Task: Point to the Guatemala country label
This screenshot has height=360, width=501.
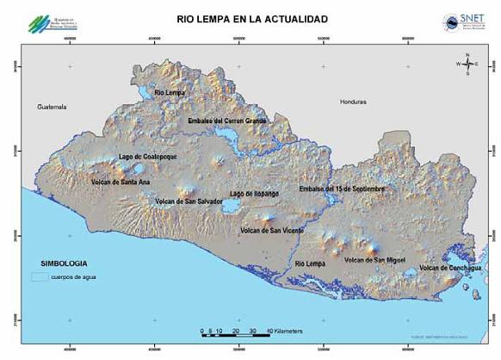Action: pos(53,107)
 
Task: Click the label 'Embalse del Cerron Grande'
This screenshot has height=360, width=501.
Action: pos(227,121)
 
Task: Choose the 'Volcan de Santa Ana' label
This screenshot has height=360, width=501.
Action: pos(120,183)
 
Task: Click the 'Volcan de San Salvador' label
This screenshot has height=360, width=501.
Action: pos(189,202)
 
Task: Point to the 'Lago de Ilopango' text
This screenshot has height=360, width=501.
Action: pos(254,194)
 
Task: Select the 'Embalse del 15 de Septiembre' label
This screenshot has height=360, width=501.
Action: pos(341,188)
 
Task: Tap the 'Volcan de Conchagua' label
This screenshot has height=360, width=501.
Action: pos(450,268)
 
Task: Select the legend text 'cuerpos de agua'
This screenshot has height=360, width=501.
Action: pos(73,277)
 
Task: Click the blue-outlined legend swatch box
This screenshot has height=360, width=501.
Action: pos(39,277)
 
